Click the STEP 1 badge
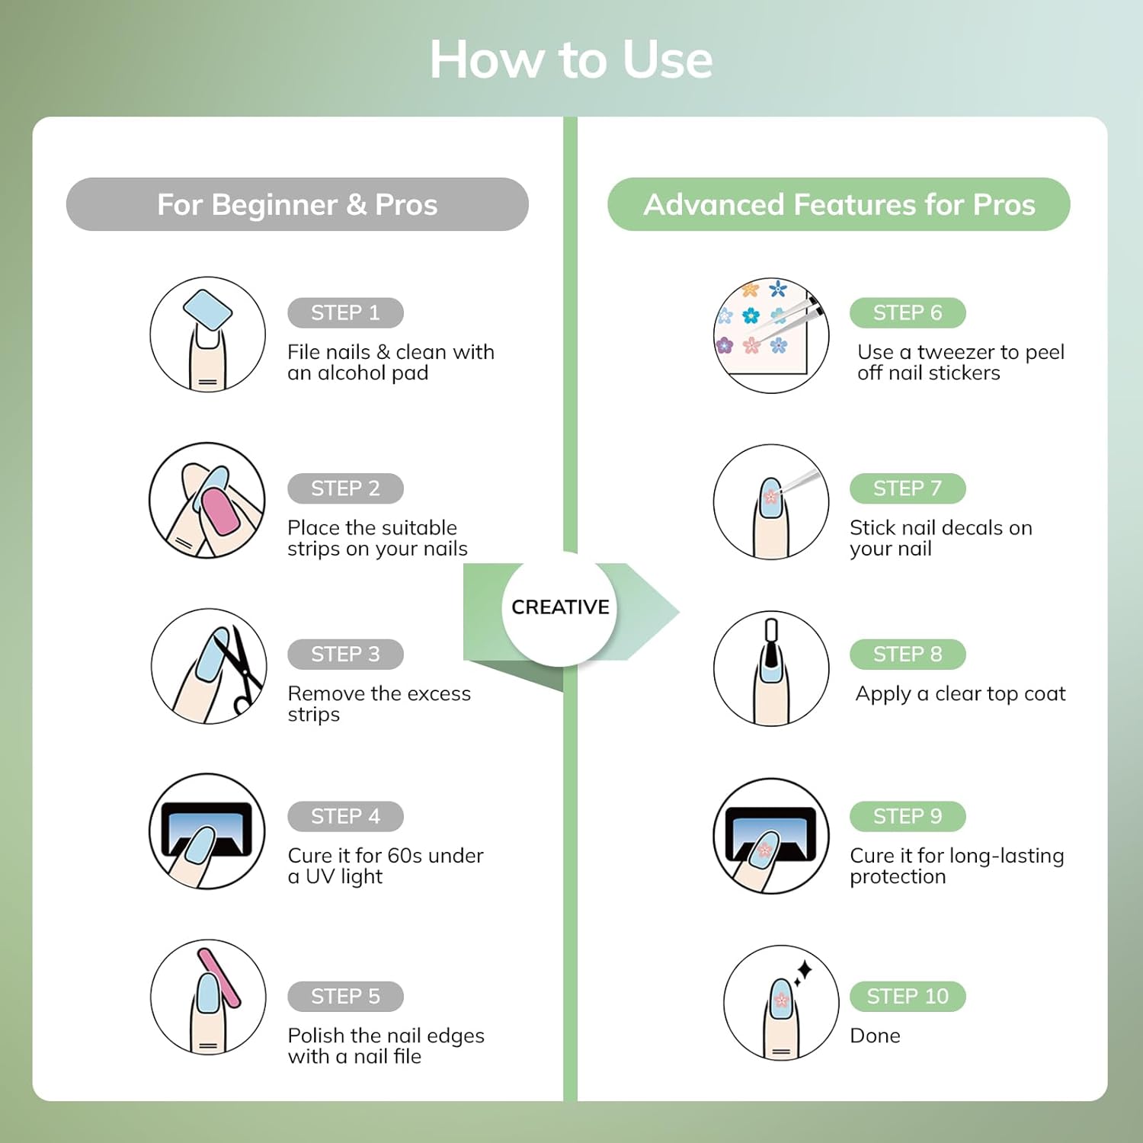tap(345, 312)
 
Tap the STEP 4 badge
tap(345, 816)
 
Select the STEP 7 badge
tap(908, 488)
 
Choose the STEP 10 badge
tap(908, 996)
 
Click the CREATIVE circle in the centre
tap(560, 607)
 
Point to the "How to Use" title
tap(571, 59)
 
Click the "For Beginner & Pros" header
tap(297, 204)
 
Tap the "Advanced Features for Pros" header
tap(839, 204)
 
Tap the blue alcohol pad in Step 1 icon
tap(207, 311)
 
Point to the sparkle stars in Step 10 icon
tap(802, 973)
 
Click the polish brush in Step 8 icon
tap(771, 644)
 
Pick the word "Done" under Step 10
tap(875, 1036)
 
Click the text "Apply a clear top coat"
tap(960, 694)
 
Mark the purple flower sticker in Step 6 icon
tap(724, 345)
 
